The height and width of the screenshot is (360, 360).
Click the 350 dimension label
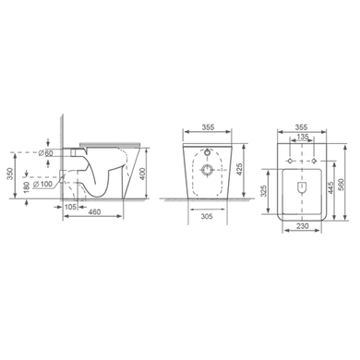pos(10,174)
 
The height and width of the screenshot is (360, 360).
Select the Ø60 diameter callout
pos(46,153)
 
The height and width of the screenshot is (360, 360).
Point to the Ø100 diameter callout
pos(42,184)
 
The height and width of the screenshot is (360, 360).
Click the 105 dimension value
pos(70,207)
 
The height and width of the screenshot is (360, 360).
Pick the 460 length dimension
pos(94,212)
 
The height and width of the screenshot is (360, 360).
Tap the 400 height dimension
pos(141,174)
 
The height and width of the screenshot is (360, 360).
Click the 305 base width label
pos(207,217)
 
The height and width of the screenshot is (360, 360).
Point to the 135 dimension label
pos(303,137)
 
